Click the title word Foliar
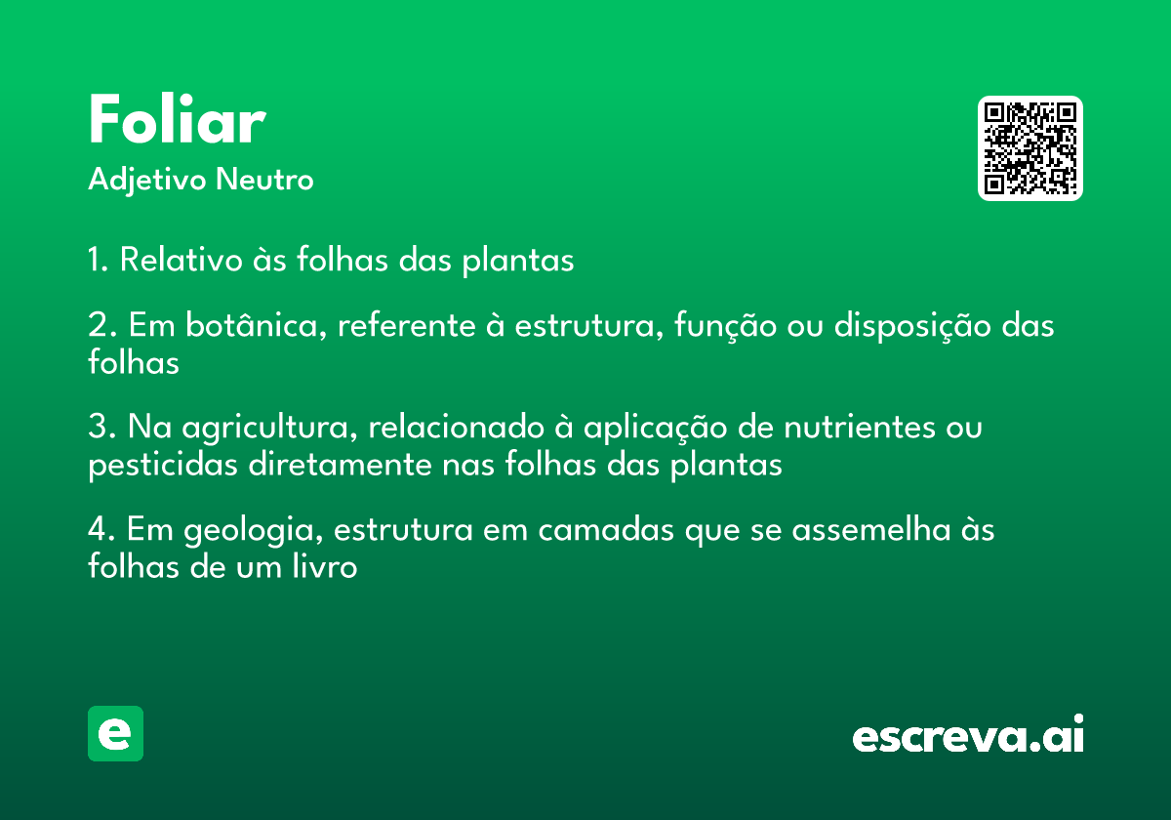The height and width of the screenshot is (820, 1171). coord(178,119)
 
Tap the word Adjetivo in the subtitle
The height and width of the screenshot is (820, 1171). coord(147,181)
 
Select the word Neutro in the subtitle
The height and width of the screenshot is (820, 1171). coord(264,180)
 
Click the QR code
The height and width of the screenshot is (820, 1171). coord(1030,148)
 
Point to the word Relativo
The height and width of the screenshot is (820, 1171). coord(181,259)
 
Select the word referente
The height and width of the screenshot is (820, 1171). coord(407,326)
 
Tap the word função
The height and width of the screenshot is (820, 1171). coord(725,326)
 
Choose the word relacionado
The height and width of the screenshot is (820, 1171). coord(457,427)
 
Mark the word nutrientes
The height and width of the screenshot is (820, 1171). coord(860,428)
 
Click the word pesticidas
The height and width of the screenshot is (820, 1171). coord(163,466)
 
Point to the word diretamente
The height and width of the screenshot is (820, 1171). coord(340,465)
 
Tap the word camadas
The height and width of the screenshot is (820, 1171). coord(606,530)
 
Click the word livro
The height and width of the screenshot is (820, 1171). coord(325,566)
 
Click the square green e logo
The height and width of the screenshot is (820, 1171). coord(115,733)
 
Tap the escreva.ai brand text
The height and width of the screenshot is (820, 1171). coord(968,734)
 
